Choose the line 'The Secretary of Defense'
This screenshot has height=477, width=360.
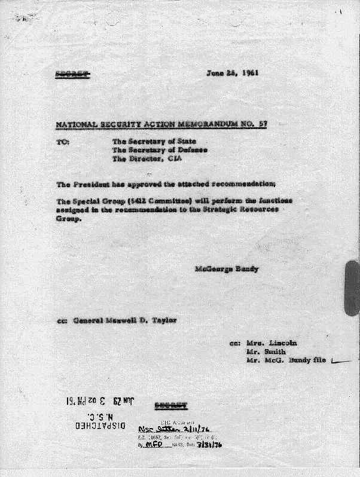pos(159,151)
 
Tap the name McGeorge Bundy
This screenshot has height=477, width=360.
pos(227,269)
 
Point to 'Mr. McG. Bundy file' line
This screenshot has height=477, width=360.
pos(286,361)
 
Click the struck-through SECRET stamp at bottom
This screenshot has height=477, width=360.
pos(170,406)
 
